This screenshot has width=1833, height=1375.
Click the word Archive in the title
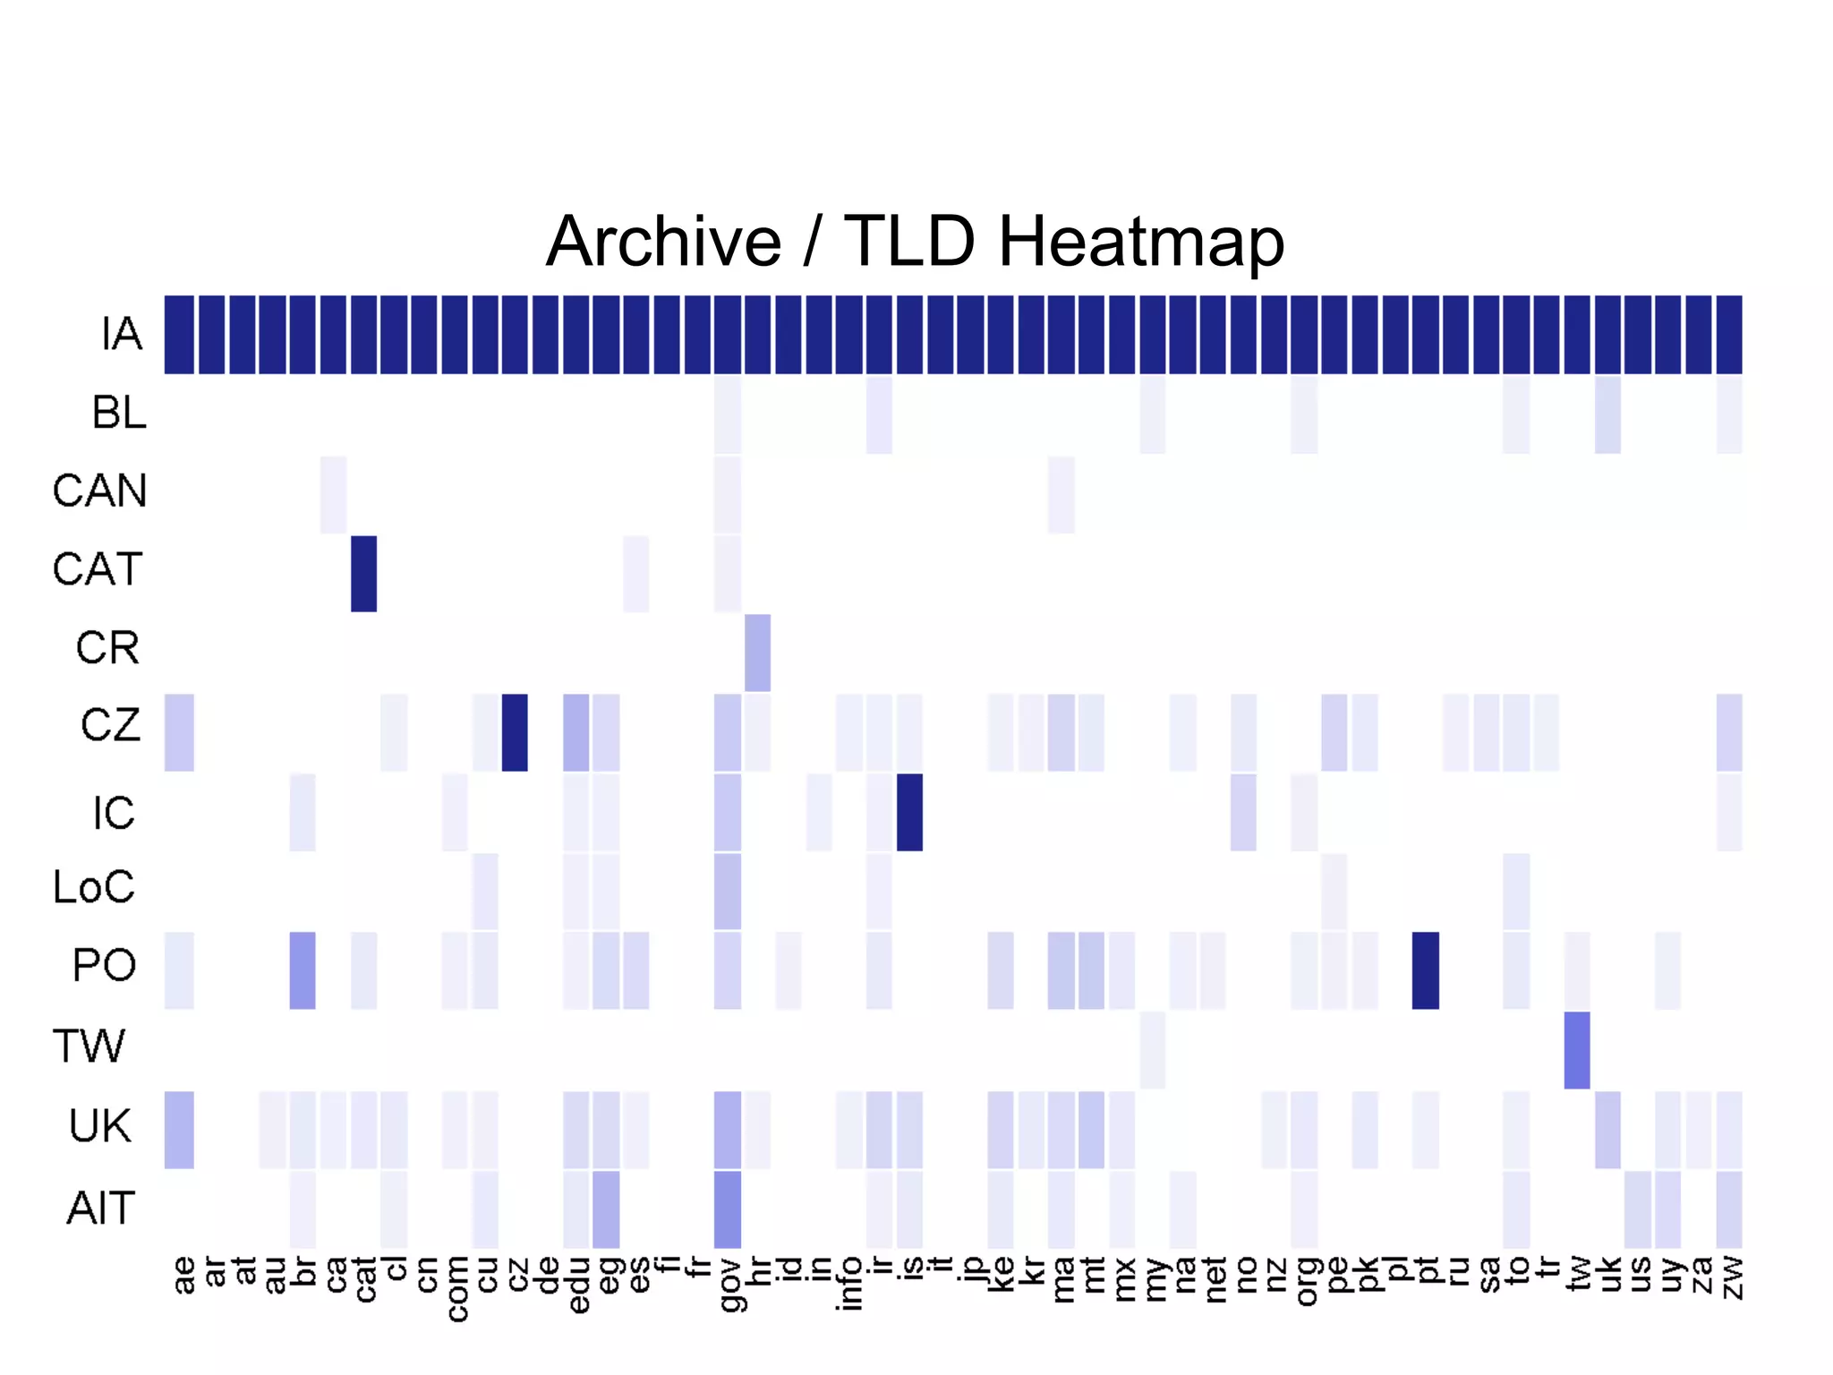663,242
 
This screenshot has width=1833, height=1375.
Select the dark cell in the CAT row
363,574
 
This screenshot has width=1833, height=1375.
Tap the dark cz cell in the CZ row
515,732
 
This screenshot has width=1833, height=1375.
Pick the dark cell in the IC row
909,812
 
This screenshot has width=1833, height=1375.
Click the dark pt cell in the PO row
1425,970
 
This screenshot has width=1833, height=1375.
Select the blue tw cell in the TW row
1577,1050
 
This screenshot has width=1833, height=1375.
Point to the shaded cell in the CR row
757,653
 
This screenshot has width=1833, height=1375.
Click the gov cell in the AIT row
728,1208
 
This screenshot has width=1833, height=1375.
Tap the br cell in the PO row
303,970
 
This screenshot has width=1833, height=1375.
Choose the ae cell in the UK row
179,1130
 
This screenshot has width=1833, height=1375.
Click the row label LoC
94,887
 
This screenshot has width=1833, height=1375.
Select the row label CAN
99,491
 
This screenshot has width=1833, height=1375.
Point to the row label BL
119,413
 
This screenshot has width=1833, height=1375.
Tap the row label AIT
100,1208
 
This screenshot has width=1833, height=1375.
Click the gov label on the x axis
729,1284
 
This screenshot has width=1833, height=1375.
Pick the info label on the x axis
849,1284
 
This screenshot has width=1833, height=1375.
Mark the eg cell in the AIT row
606,1208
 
